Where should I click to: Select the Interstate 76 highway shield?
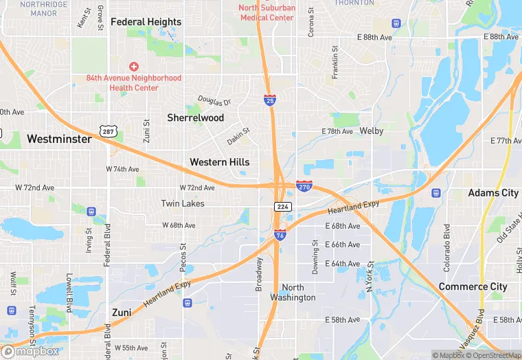click(x=280, y=235)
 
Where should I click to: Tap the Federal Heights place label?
click(x=146, y=22)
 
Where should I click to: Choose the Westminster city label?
click(x=59, y=139)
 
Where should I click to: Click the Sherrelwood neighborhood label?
click(x=196, y=117)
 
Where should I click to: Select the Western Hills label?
click(x=219, y=162)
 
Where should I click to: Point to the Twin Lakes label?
click(x=182, y=203)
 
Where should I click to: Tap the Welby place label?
click(x=372, y=131)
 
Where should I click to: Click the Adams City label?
click(x=493, y=193)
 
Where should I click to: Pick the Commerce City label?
click(x=473, y=286)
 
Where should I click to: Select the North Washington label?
click(x=299, y=293)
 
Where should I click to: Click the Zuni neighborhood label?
click(x=122, y=313)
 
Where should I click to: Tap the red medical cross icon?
click(x=134, y=67)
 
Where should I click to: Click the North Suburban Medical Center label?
click(x=267, y=12)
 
